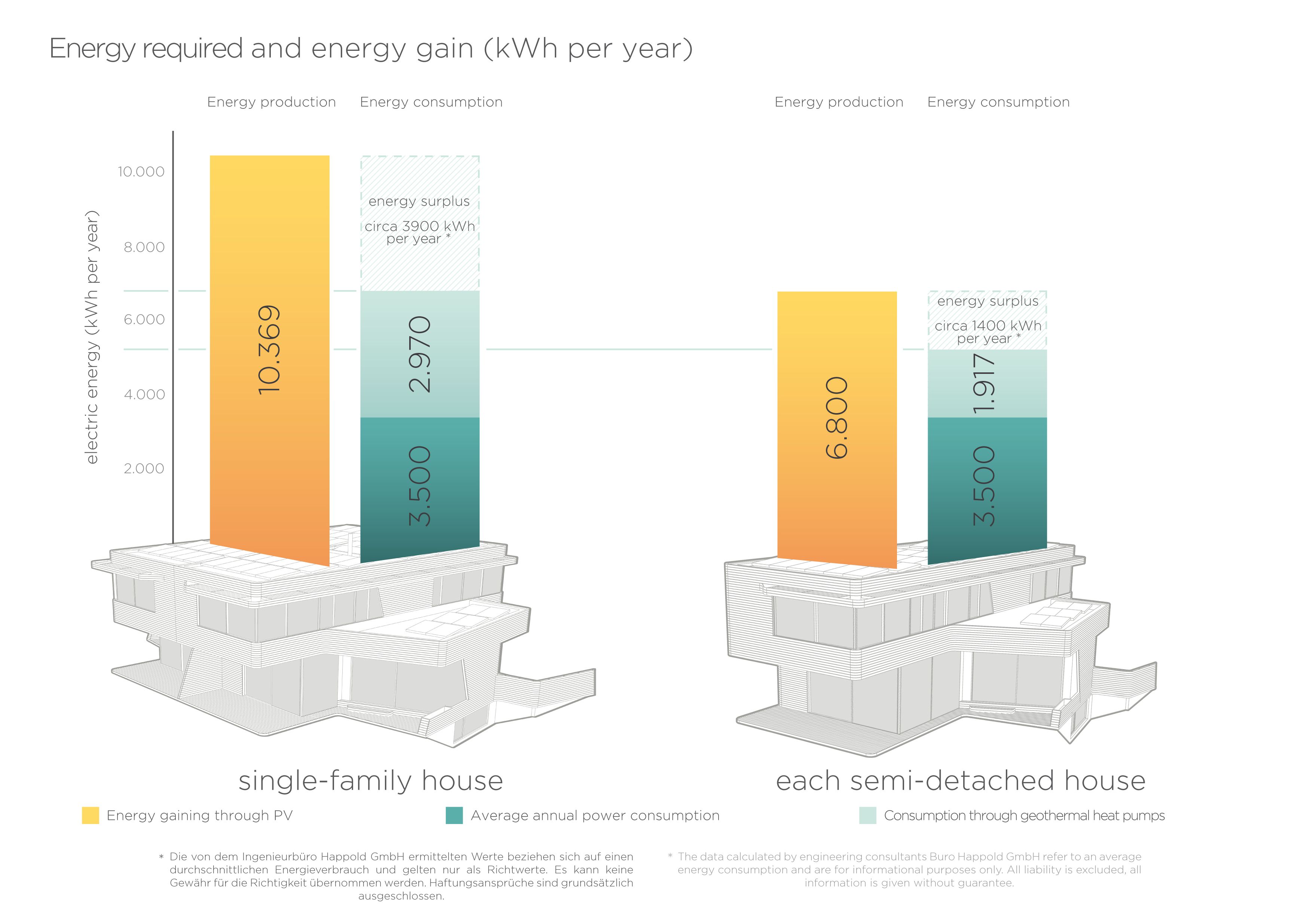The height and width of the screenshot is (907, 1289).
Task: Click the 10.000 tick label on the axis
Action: tap(141, 172)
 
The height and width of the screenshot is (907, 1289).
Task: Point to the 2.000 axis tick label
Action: tap(144, 469)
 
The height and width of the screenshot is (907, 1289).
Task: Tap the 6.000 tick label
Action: tap(144, 319)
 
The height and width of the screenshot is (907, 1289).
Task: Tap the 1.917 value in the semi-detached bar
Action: tap(984, 383)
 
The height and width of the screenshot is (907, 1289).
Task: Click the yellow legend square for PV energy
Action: tap(91, 815)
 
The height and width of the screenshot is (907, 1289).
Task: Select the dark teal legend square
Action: tap(454, 815)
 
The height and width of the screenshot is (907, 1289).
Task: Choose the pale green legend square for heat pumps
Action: tap(867, 815)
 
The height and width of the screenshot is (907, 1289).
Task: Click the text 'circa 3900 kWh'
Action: tap(419, 226)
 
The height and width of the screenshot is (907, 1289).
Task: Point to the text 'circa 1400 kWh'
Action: tap(988, 326)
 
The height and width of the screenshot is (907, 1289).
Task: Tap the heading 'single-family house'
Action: tap(371, 781)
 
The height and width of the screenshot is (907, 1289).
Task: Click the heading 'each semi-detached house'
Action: tap(960, 781)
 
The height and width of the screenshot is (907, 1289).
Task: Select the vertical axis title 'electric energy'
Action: tap(92, 393)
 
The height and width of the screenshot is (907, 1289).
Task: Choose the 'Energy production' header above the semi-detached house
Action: tap(839, 102)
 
